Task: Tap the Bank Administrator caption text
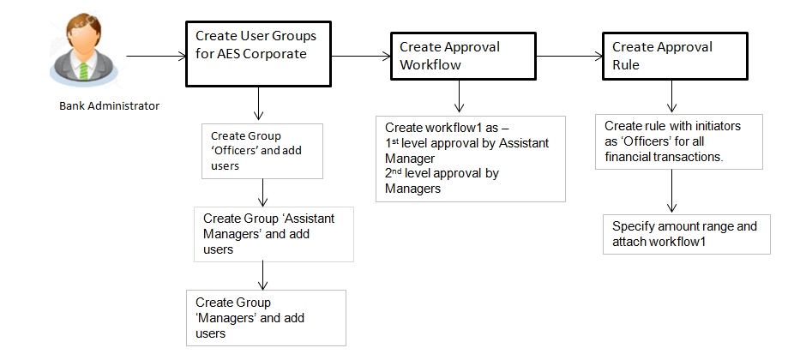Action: click(x=109, y=106)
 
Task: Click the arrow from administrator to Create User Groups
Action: click(x=155, y=57)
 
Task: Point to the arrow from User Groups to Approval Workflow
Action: click(x=361, y=57)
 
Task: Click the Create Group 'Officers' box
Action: click(x=262, y=151)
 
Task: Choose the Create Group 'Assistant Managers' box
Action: click(x=273, y=233)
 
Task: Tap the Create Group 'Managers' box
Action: click(x=266, y=317)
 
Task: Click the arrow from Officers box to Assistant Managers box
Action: click(x=262, y=191)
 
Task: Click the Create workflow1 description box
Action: click(x=470, y=158)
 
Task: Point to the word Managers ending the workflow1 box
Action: click(x=413, y=189)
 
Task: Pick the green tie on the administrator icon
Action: click(x=84, y=68)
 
